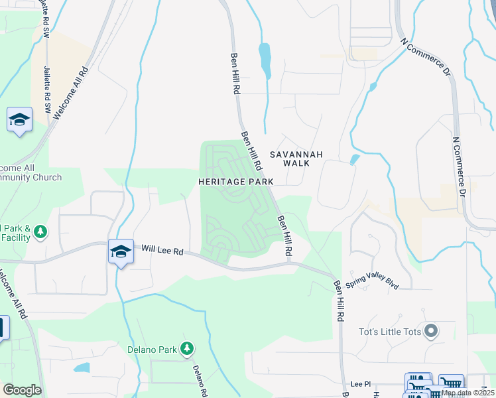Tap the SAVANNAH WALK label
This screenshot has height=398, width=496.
(296, 159)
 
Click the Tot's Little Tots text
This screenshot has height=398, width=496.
(387, 330)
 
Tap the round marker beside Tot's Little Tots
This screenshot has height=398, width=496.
(432, 330)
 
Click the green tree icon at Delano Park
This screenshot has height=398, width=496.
(188, 348)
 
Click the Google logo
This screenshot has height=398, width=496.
(22, 390)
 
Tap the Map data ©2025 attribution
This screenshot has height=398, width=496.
(467, 393)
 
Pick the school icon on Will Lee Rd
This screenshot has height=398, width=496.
(121, 252)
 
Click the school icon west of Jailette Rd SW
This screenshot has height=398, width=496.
(20, 120)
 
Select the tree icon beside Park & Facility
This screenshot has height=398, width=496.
(41, 232)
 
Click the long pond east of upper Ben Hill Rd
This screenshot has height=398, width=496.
(265, 60)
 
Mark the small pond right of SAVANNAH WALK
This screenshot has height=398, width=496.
(355, 159)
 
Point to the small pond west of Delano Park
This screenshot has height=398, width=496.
(82, 367)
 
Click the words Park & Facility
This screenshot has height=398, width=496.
(15, 232)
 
